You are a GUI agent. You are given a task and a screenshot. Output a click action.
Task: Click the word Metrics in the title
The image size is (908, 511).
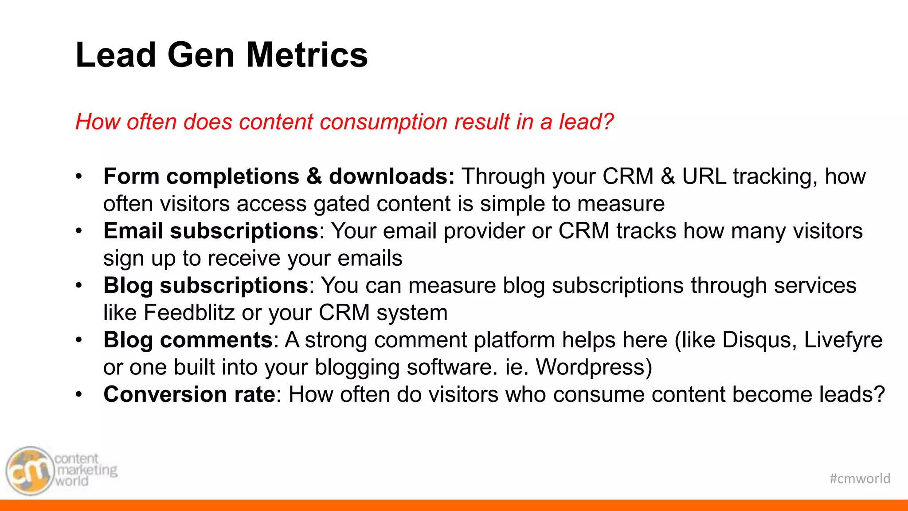[x=307, y=55]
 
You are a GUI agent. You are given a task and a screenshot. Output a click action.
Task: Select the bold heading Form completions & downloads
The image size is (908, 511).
[x=279, y=177]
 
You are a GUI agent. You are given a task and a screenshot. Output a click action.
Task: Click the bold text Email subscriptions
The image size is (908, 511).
[x=211, y=231]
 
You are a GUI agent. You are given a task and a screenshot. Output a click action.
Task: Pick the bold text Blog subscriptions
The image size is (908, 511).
[x=206, y=286]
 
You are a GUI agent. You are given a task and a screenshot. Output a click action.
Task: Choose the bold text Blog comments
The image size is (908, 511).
[x=188, y=340]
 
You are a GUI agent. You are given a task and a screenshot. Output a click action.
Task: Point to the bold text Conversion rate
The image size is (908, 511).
[x=189, y=395]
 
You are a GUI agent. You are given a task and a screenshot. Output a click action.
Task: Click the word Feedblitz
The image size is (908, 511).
[x=189, y=313]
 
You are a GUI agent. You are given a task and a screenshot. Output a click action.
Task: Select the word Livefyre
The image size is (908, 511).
[x=843, y=340]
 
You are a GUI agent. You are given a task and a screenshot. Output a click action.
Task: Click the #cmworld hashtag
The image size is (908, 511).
[x=860, y=479]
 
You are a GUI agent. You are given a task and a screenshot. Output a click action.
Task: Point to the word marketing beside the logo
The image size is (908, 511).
[x=87, y=470]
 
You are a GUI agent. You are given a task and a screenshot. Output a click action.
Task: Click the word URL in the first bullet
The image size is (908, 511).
[x=704, y=177]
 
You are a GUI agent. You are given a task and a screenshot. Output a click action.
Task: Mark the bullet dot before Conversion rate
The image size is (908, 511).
[x=79, y=395]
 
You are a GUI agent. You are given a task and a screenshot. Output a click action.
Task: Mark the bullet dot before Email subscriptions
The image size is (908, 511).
[x=79, y=231]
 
